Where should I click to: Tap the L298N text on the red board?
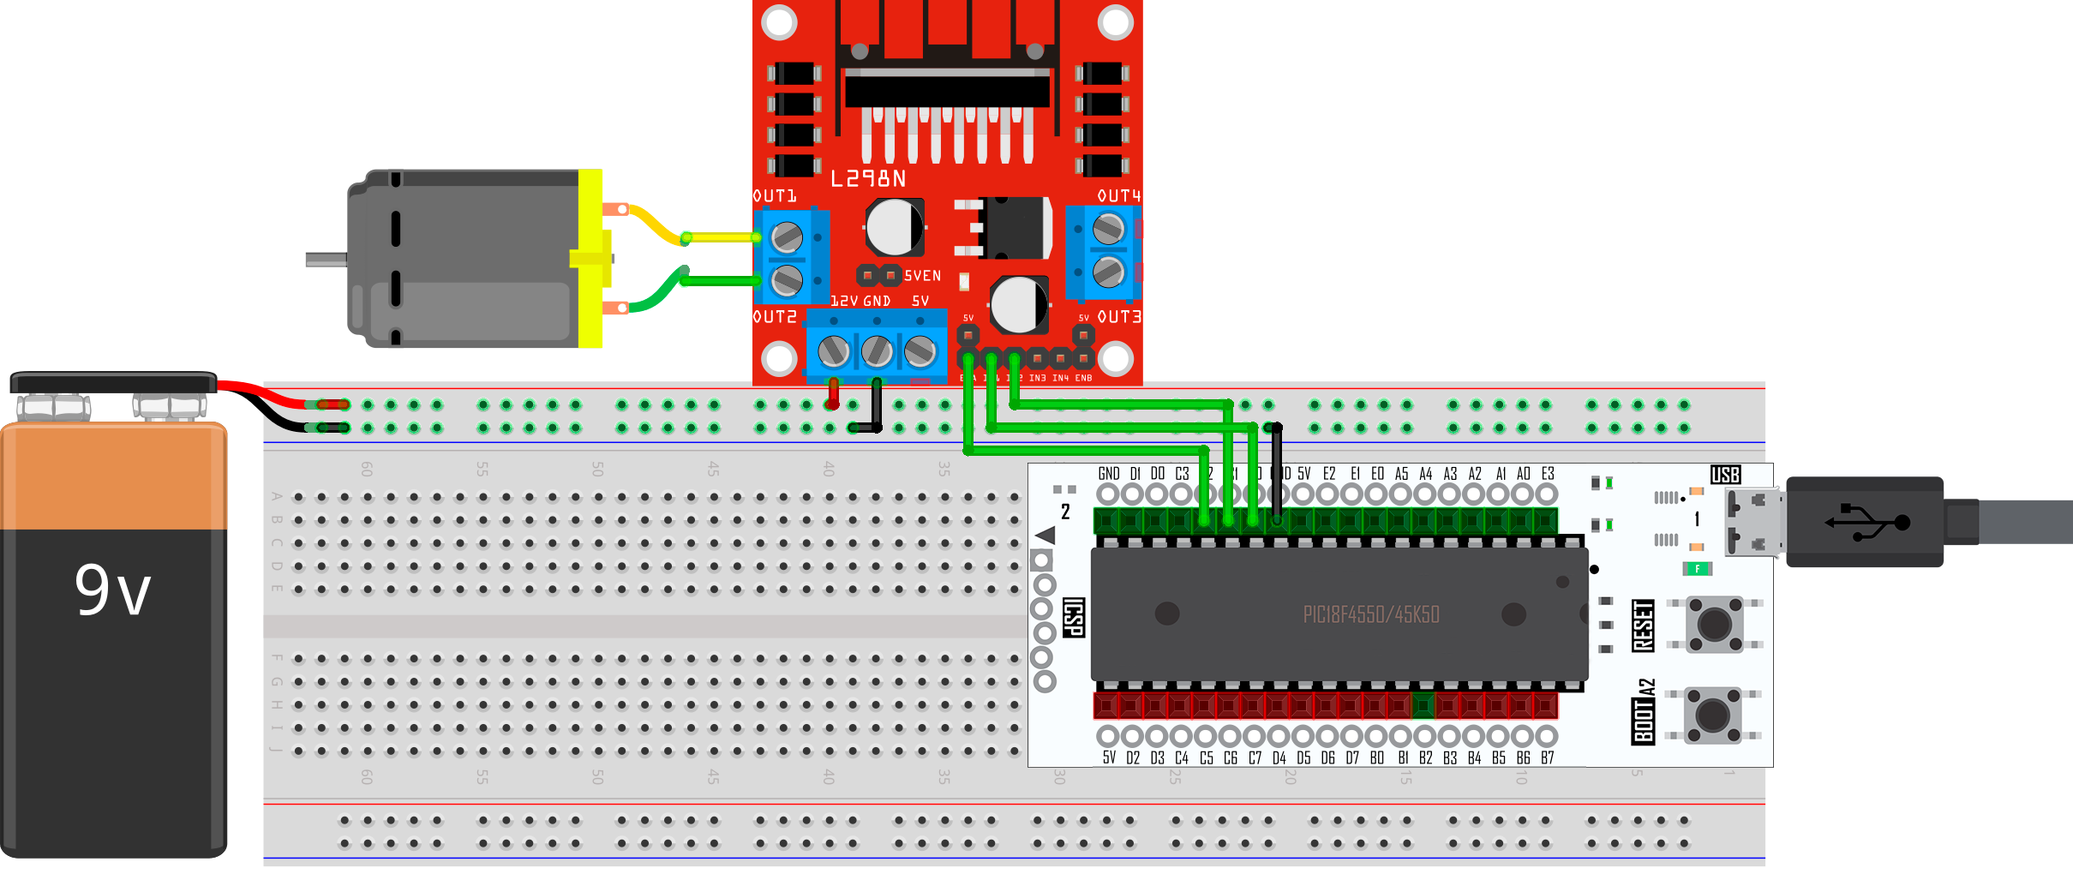pos(868,178)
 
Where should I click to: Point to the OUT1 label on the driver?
pos(775,196)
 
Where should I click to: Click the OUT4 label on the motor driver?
pos(1119,196)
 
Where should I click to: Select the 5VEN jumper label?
pos(922,276)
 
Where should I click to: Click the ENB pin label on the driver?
pos(1084,378)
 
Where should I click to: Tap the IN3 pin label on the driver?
pos(1037,378)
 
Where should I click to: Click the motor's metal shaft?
pos(327,259)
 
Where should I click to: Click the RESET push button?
pos(1714,625)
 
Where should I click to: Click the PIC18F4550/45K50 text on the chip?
pos(1371,614)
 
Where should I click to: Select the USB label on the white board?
pos(1725,475)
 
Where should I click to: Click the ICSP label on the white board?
pos(1074,617)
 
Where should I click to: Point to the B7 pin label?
pos(1547,757)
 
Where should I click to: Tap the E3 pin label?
pos(1548,474)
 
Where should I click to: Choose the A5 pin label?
pos(1401,474)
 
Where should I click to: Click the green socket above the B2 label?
pos(1423,706)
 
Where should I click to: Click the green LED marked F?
pos(1697,568)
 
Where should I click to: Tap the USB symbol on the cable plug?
pos(1866,522)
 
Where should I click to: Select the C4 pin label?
pos(1182,757)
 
